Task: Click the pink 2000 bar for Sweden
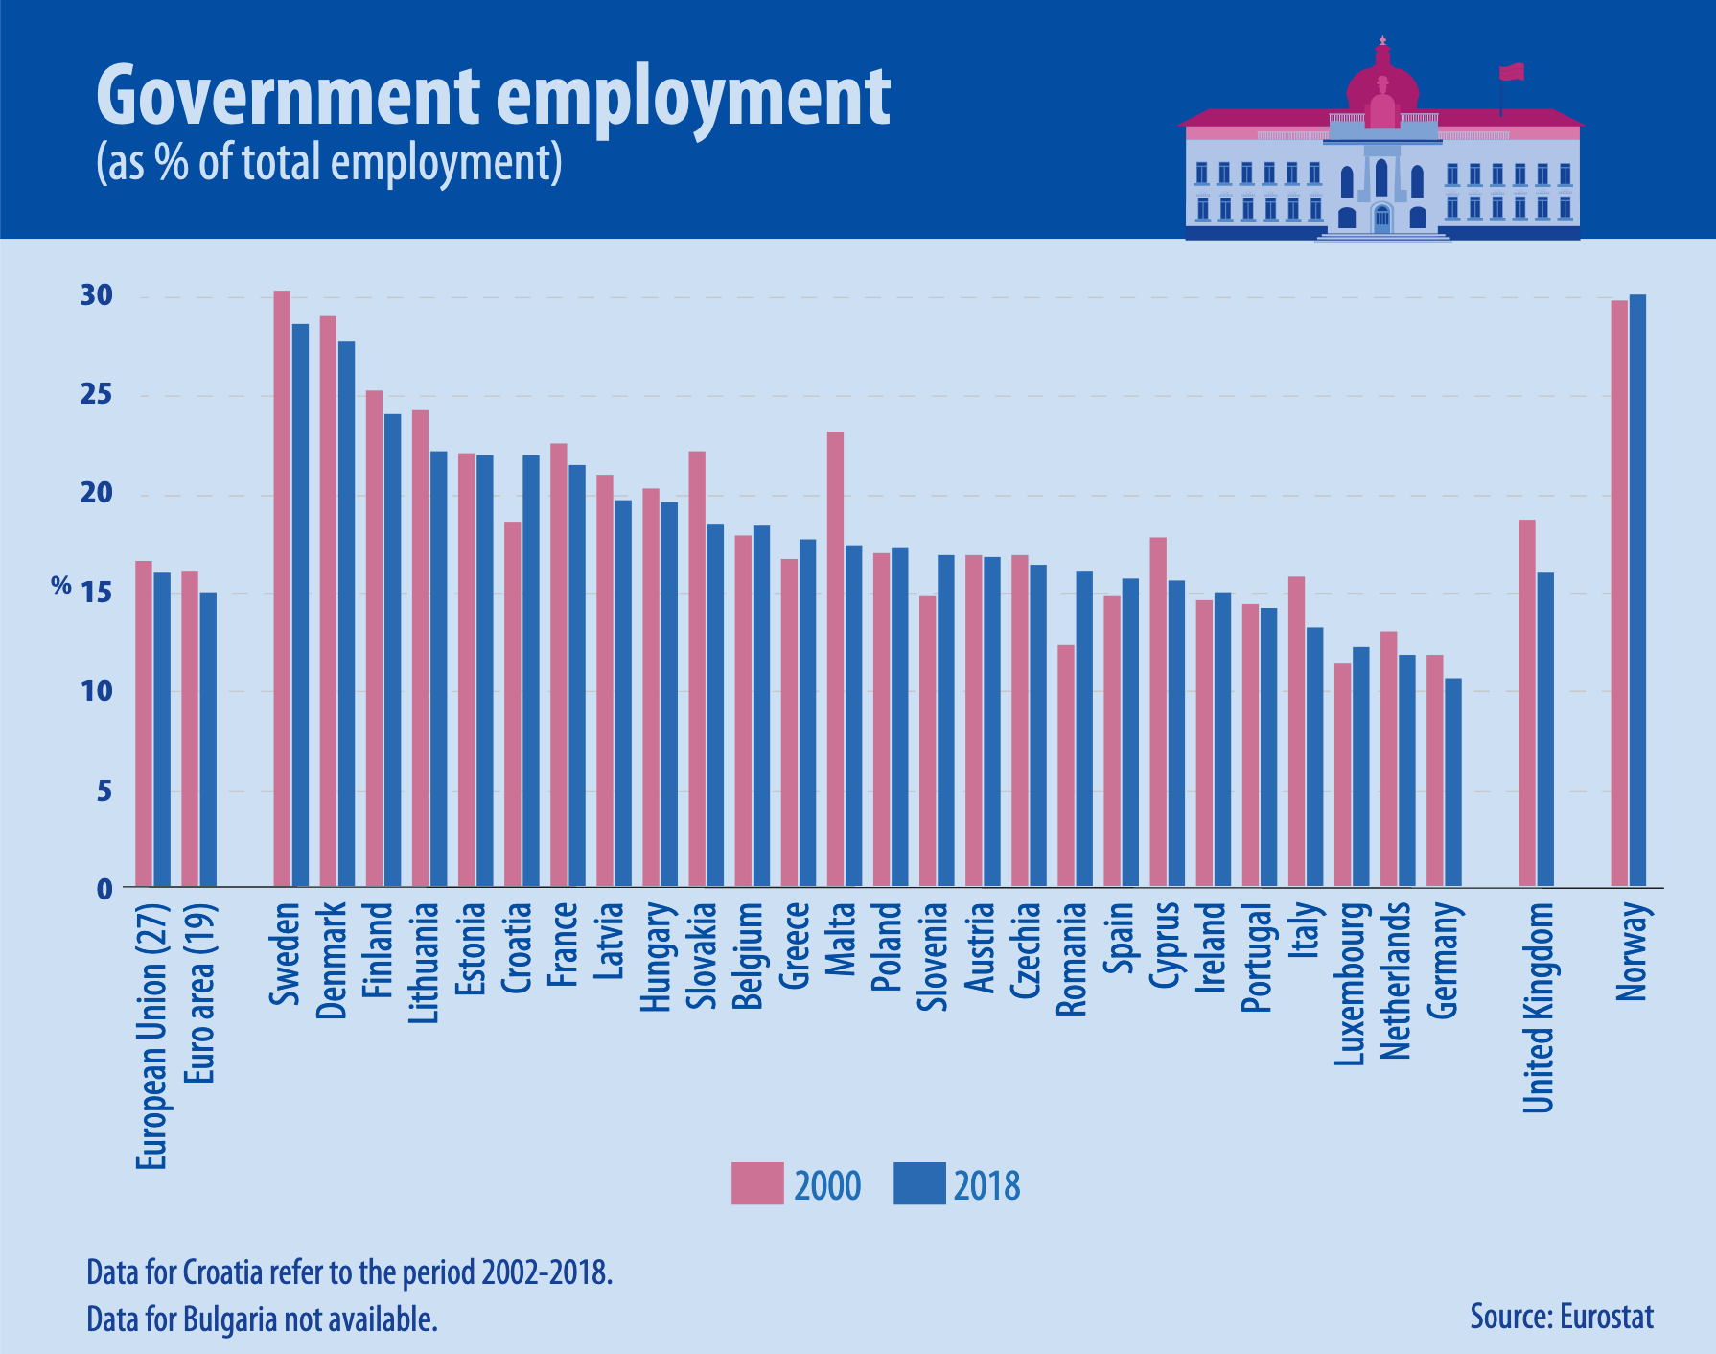(x=282, y=589)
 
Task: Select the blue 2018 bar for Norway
(x=1637, y=591)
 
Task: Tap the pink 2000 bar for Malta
(x=835, y=660)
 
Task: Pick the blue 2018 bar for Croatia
(x=531, y=671)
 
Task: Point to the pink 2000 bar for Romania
(x=1066, y=766)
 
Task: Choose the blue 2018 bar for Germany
(x=1453, y=782)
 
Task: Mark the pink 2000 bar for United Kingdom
(x=1527, y=703)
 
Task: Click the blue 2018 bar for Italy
(x=1315, y=758)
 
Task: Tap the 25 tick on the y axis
(x=97, y=395)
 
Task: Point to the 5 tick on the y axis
(x=104, y=791)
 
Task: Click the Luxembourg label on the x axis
(x=1350, y=984)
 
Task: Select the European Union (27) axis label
(x=152, y=1037)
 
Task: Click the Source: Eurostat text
(x=1562, y=1317)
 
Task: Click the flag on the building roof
(x=1512, y=72)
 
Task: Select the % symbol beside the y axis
(x=61, y=586)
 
